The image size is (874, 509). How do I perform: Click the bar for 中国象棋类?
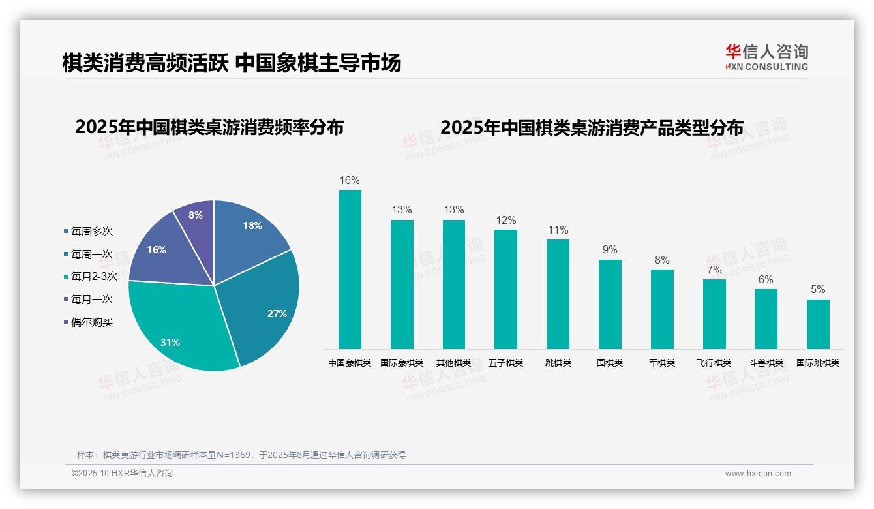click(350, 269)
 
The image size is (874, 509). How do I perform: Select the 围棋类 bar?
click(610, 304)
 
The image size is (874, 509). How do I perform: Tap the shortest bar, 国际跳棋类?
click(818, 324)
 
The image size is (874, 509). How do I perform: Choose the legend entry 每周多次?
click(91, 231)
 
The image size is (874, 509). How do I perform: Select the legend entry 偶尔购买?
click(91, 322)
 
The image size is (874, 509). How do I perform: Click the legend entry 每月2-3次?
click(94, 276)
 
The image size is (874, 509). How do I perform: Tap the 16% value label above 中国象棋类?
click(350, 180)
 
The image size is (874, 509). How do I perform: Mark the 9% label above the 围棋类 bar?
click(610, 249)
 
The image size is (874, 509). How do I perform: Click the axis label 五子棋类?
click(505, 363)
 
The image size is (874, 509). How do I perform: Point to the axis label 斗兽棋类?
click(766, 363)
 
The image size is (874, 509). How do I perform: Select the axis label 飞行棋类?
click(714, 363)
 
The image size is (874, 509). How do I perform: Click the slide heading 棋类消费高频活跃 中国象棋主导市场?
click(232, 63)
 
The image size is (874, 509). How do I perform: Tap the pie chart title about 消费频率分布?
click(209, 127)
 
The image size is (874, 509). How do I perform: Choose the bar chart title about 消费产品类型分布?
click(592, 127)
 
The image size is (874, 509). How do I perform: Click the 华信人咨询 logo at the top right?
click(766, 56)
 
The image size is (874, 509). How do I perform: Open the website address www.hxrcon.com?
click(758, 474)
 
